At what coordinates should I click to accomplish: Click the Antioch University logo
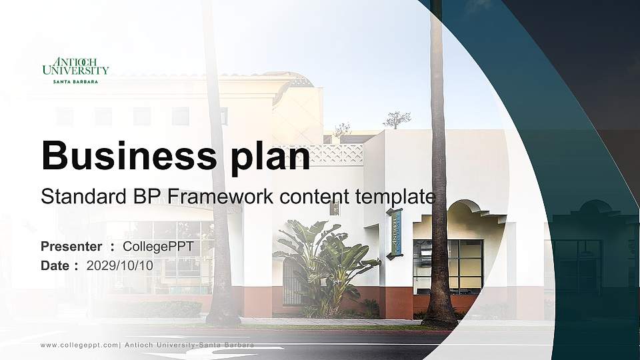[75, 69]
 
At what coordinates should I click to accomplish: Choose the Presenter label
[71, 247]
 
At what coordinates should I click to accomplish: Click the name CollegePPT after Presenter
[158, 247]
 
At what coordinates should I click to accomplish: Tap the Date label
[56, 265]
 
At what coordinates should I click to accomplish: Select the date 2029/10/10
[120, 265]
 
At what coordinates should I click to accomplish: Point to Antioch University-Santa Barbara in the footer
[189, 345]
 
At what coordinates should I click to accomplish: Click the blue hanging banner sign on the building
[395, 233]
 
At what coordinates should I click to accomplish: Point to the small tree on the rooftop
[397, 120]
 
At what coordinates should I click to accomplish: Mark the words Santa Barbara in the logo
[75, 81]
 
